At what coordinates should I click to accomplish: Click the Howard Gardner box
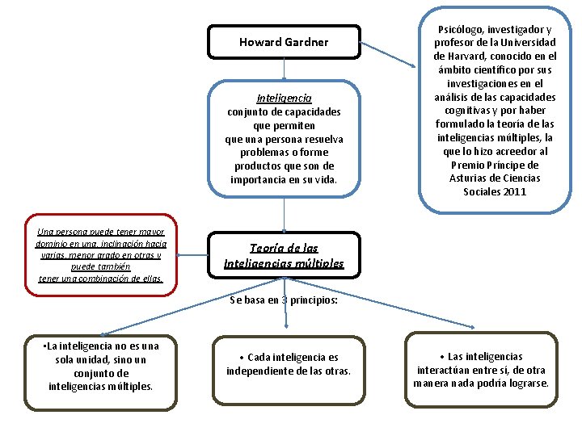284,42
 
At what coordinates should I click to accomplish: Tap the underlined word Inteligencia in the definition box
284,98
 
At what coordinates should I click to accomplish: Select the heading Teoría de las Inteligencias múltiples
284,256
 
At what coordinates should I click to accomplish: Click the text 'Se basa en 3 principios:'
284,300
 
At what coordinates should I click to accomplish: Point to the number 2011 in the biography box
514,192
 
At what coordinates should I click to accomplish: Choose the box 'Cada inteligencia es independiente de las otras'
289,364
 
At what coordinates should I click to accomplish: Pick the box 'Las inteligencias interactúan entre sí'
482,369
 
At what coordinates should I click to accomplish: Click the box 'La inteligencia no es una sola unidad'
100,367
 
